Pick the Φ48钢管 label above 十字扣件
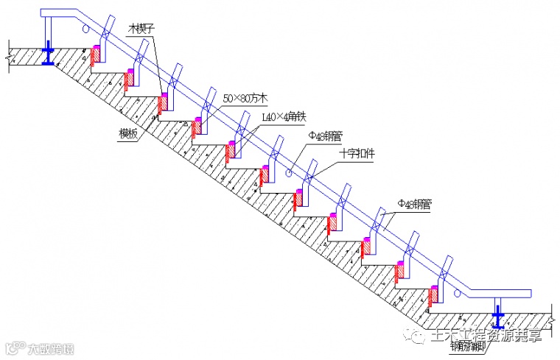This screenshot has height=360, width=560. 325,135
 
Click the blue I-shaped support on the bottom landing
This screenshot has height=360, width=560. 499,318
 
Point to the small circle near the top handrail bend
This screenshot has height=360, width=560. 88,29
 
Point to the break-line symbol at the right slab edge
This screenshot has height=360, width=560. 551,317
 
